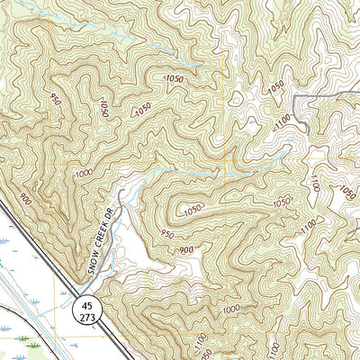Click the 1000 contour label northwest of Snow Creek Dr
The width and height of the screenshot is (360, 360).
(x=85, y=173)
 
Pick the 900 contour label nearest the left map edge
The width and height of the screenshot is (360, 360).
(x=25, y=200)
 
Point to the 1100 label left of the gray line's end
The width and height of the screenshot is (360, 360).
(x=284, y=120)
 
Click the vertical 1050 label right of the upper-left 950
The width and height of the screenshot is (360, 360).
(x=104, y=109)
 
